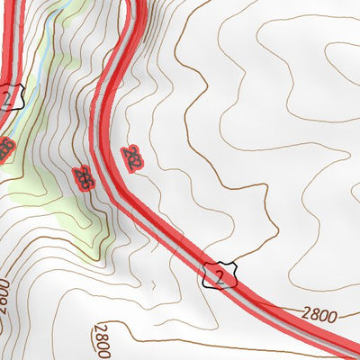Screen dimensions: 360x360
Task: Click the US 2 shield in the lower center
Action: pos(219,274)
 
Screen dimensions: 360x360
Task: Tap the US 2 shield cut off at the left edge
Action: pos(9,96)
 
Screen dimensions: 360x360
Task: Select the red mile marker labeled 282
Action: pos(133,159)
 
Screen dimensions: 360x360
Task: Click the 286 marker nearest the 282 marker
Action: pos(84,177)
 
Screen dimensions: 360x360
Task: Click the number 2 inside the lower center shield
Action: pos(219,274)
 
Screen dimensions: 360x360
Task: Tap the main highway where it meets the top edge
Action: pos(135,4)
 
